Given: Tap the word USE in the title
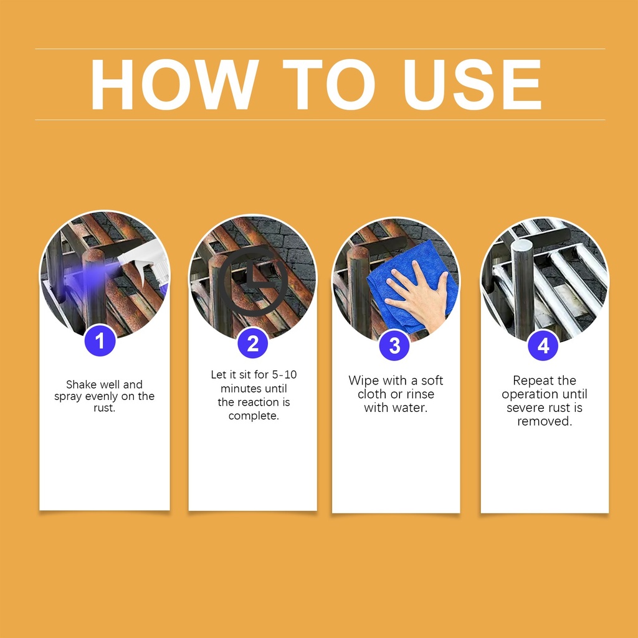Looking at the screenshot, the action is click(x=472, y=85).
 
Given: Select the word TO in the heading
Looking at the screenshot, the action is click(x=329, y=85).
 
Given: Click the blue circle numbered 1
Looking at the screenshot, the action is click(x=100, y=341).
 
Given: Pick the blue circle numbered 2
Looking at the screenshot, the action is click(x=253, y=343).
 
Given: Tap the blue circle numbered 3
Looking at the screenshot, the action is click(x=394, y=345).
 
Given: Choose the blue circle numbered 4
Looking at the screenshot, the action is click(x=543, y=345).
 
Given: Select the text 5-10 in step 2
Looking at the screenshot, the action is click(x=284, y=374).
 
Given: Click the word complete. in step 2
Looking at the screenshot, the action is click(x=254, y=416).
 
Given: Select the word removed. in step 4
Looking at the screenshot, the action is click(x=545, y=421).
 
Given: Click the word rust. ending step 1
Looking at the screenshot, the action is click(x=105, y=407).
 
